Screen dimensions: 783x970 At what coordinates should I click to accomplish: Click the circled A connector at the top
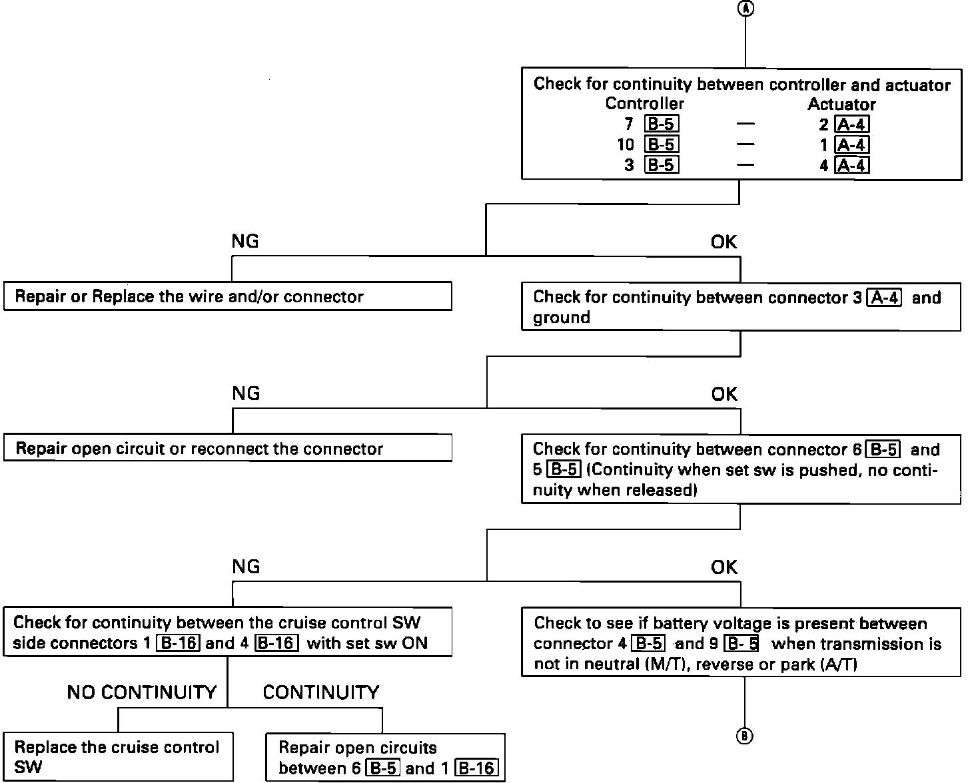point(745,9)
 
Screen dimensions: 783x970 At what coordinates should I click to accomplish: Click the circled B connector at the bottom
point(744,736)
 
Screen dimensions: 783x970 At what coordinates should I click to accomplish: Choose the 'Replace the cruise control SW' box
point(118,757)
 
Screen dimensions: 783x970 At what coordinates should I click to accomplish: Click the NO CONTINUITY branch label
point(142,692)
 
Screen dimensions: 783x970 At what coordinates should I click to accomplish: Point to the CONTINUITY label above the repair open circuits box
point(320,692)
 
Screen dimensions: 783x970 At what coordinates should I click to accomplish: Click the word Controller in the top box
point(644,104)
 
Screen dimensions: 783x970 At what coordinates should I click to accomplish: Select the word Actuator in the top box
point(841,104)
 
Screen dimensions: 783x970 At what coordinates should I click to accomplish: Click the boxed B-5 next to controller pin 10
point(662,144)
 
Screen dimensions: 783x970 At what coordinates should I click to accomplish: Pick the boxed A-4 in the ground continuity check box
point(885,297)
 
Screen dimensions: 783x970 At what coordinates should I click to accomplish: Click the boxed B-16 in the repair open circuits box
point(476,768)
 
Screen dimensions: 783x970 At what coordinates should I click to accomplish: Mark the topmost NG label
point(244,242)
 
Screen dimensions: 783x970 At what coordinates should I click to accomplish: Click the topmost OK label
point(724,242)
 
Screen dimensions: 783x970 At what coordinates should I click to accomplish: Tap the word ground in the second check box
point(561,318)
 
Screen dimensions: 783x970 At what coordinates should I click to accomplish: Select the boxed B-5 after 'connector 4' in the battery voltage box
point(648,644)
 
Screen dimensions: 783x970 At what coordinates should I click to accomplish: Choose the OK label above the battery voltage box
point(724,567)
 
